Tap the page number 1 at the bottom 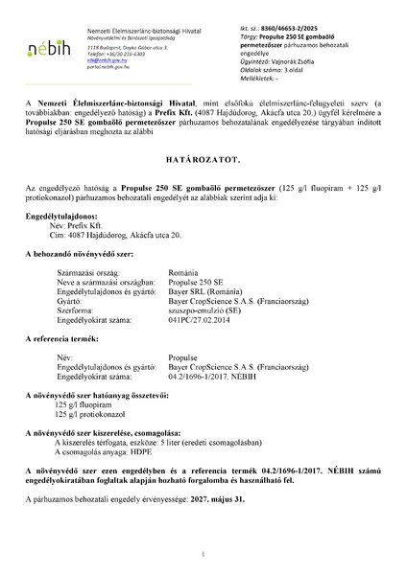point(203,554)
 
